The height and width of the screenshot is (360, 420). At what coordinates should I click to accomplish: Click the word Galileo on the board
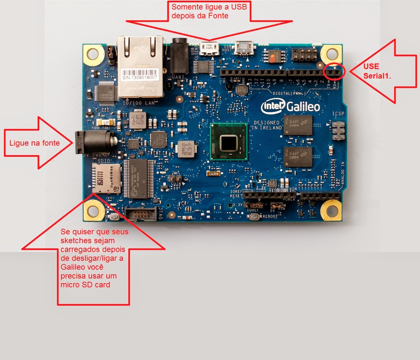coord(303,106)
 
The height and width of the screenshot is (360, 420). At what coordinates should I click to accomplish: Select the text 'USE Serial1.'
coord(376,71)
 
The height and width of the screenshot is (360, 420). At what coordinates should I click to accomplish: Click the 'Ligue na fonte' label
coord(34,143)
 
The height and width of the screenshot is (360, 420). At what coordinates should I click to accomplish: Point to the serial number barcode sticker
coord(140,74)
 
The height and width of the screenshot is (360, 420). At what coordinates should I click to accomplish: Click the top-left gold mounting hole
coord(93,54)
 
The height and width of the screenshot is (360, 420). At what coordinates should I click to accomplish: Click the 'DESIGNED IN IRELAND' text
coord(267,125)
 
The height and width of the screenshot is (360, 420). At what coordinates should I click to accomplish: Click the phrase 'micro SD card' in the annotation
coord(85,285)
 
